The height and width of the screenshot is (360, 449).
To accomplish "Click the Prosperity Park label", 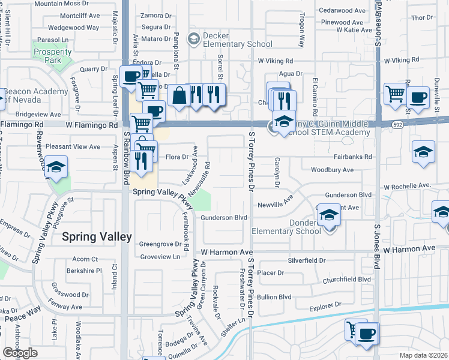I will [x=53, y=56].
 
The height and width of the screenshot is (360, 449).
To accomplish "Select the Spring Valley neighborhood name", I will [x=97, y=237].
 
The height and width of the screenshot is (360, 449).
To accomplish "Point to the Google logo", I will [x=20, y=353].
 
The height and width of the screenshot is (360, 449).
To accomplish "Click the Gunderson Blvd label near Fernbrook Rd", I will [x=224, y=217].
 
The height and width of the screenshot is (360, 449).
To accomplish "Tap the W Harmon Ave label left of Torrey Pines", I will [x=226, y=252].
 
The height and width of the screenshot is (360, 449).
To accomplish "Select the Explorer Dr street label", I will [x=329, y=308].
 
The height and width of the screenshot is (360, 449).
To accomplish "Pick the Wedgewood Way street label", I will [x=73, y=28].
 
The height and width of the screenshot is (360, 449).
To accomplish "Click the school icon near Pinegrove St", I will [x=56, y=167].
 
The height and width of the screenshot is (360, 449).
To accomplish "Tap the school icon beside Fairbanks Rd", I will [x=423, y=151].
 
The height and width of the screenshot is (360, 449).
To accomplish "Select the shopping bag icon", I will [x=179, y=95].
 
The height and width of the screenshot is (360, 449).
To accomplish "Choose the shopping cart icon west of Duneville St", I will [x=395, y=93].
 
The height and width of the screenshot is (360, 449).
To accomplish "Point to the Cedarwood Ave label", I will [x=343, y=10].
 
